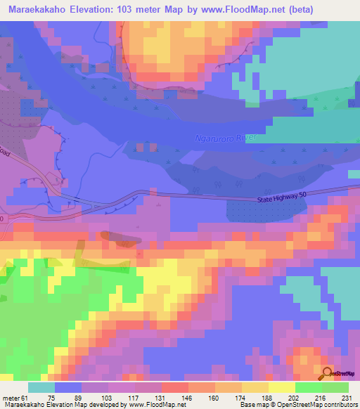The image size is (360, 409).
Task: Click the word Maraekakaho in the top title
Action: click(40, 9)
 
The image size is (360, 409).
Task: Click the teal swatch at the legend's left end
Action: click(41, 387)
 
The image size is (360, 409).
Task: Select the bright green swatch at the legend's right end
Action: click(335, 387)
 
